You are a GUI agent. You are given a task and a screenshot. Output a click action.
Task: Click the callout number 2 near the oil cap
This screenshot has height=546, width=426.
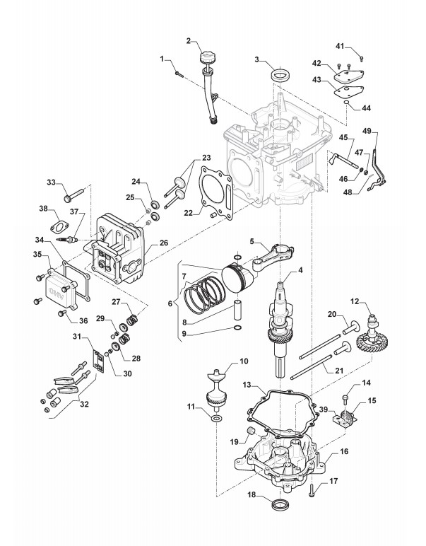189,40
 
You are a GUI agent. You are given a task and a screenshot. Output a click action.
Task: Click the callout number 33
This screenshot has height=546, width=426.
51,182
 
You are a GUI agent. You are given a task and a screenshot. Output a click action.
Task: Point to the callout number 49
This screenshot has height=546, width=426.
367,131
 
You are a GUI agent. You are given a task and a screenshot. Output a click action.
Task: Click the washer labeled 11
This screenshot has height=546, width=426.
213,422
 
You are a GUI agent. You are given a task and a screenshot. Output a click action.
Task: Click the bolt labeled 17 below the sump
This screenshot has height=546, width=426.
311,489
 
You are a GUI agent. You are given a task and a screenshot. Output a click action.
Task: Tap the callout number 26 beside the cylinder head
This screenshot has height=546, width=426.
164,243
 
